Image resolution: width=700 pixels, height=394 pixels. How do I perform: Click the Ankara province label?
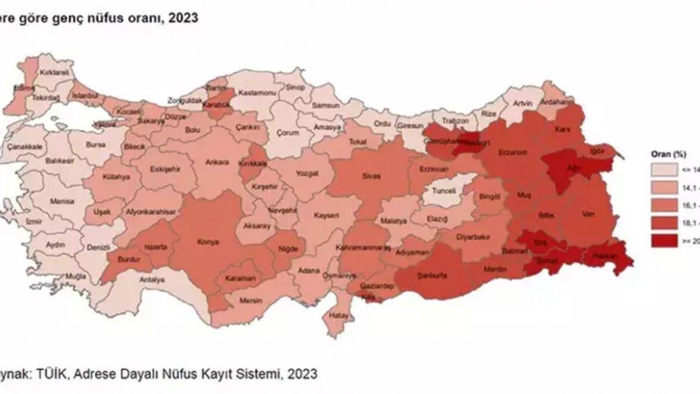pyautogui.click(x=217, y=162)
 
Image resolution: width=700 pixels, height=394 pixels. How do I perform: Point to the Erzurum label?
pyautogui.click(x=513, y=152)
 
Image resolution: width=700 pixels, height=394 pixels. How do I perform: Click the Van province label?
pyautogui.click(x=588, y=214)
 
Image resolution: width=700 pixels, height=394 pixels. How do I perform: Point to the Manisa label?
pyautogui.click(x=62, y=201)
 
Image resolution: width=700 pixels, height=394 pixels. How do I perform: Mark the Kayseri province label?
pyautogui.click(x=327, y=215)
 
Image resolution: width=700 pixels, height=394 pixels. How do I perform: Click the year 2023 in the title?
pyautogui.click(x=183, y=18)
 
